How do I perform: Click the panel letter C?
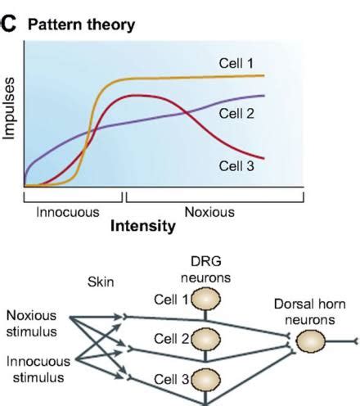[x=9, y=25]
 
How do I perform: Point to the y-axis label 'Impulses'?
[x=10, y=111]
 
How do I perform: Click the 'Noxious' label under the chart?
[x=209, y=211]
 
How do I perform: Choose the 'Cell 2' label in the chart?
[x=237, y=113]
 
